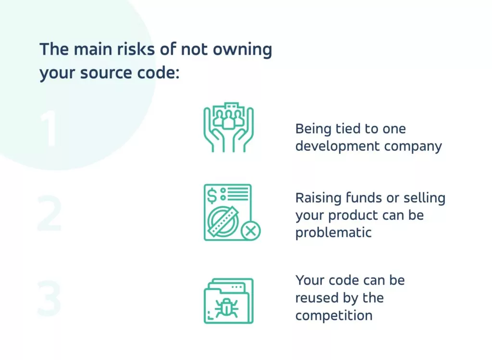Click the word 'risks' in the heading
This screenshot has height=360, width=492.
click(135, 49)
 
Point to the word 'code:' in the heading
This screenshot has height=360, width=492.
click(159, 72)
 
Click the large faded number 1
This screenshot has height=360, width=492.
click(49, 128)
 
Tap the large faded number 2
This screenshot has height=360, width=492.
click(49, 213)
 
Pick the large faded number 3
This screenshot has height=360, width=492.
click(49, 298)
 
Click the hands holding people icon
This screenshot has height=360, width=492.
click(228, 127)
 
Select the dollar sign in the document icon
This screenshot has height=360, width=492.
click(212, 196)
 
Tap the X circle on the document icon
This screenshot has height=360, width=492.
click(251, 231)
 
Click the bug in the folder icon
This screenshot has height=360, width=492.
click(227, 307)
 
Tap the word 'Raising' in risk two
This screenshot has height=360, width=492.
click(319, 199)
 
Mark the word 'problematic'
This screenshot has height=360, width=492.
click(333, 233)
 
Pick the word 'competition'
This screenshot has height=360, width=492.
click(334, 315)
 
